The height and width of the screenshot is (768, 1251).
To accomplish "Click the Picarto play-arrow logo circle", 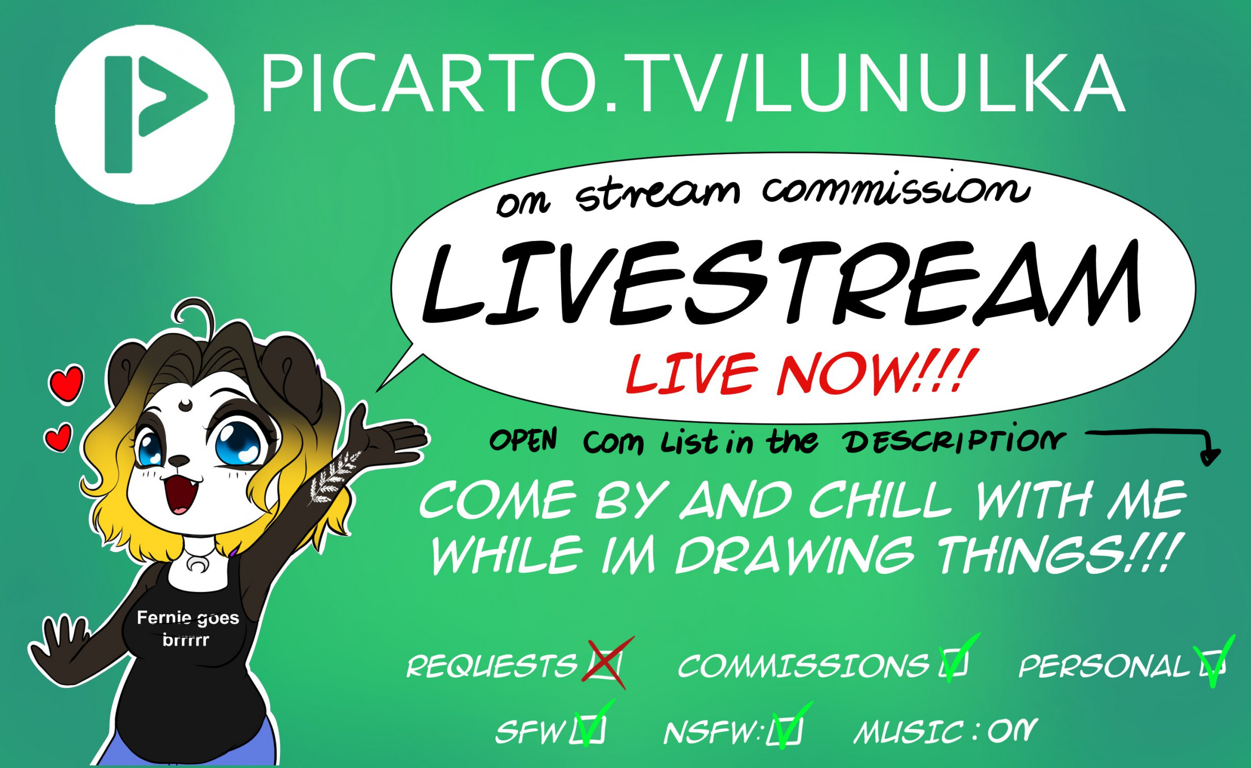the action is pyautogui.click(x=145, y=115).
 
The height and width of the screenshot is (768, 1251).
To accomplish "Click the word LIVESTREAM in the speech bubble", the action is pyautogui.click(x=781, y=283).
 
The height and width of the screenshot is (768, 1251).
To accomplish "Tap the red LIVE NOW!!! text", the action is pyautogui.click(x=802, y=373).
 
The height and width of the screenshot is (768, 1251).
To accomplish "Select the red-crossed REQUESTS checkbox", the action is pyautogui.click(x=606, y=663).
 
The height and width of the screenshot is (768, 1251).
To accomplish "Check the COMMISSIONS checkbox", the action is pyautogui.click(x=953, y=662).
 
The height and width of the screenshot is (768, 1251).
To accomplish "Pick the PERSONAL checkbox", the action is pyautogui.click(x=1213, y=663).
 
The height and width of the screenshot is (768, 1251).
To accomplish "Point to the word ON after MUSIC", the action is pyautogui.click(x=1013, y=731).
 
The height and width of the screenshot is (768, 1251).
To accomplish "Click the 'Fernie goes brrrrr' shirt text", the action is pyautogui.click(x=187, y=629).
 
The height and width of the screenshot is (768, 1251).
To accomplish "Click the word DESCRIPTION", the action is pyautogui.click(x=953, y=441).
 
